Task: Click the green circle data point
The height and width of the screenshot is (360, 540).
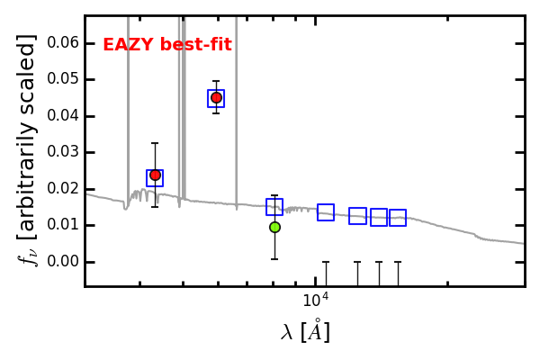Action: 274,228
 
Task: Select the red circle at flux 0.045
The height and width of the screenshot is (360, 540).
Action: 216,98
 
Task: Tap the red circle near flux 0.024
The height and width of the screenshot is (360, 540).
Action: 155,175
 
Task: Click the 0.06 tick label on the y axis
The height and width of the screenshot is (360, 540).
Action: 63,43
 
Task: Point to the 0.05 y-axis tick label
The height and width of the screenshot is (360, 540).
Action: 63,79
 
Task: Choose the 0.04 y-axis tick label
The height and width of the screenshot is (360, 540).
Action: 63,116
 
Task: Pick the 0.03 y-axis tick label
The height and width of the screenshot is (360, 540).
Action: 63,152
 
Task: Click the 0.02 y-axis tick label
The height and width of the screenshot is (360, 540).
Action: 63,189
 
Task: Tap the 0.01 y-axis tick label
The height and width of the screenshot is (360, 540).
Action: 63,225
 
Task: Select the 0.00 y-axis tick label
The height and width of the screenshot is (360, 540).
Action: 63,262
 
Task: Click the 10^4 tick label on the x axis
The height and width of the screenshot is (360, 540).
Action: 316,300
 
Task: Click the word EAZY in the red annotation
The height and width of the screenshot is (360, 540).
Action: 128,45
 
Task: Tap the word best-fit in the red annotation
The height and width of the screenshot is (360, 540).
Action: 195,45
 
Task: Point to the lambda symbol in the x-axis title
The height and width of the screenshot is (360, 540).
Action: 287,333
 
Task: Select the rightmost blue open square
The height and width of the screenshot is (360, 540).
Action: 398,218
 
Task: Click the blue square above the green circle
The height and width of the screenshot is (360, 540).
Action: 274,207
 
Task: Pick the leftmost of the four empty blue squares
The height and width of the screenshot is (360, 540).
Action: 326,211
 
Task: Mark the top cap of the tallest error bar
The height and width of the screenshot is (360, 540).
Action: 155,143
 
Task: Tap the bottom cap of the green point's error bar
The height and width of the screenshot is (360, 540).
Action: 274,259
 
